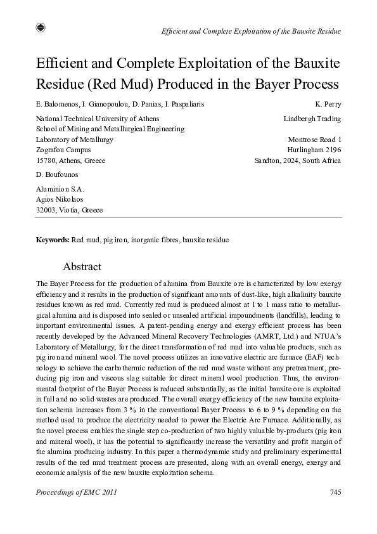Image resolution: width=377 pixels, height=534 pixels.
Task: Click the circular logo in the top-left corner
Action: (x=41, y=27)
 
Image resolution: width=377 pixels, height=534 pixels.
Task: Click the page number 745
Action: (x=335, y=492)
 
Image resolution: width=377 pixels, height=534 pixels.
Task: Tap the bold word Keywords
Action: (x=53, y=241)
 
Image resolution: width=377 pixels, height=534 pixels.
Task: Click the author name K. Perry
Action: (x=328, y=104)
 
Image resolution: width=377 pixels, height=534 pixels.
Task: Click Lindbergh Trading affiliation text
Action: (x=312, y=119)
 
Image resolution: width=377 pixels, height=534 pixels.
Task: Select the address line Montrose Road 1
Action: (x=314, y=140)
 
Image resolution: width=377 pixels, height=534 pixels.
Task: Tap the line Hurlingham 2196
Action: (x=314, y=150)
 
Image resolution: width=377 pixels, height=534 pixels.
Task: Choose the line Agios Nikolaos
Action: (x=60, y=199)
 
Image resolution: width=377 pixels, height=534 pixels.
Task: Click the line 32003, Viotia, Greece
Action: (x=70, y=210)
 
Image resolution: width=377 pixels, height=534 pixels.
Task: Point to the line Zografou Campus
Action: (x=63, y=150)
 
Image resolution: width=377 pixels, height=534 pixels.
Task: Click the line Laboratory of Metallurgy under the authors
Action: (x=75, y=140)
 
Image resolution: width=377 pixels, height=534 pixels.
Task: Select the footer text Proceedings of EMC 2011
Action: (x=77, y=492)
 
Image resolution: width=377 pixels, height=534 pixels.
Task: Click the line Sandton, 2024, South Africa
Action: (x=297, y=160)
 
